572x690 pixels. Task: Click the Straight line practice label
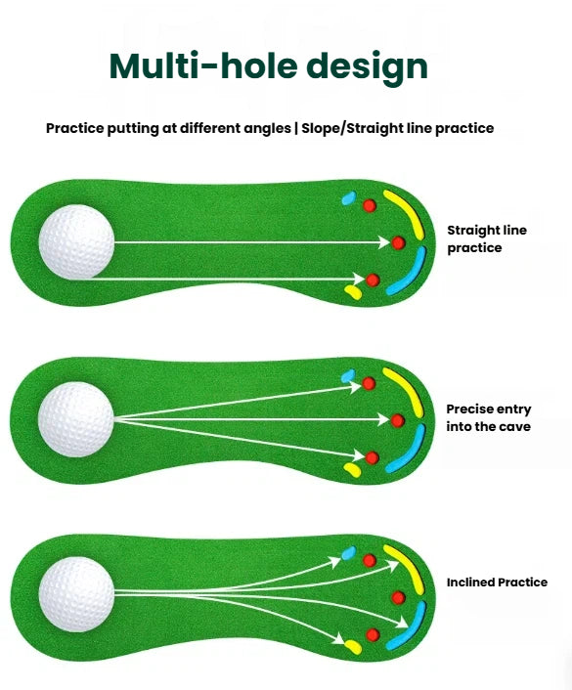[x=487, y=238]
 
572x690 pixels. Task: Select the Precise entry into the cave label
[x=488, y=417]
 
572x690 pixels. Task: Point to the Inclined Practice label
[x=497, y=582]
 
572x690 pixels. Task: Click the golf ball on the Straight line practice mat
[x=76, y=241]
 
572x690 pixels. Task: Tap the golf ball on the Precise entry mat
[x=76, y=419]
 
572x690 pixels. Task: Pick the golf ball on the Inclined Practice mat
[x=76, y=594]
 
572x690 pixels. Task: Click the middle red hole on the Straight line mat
[x=398, y=242]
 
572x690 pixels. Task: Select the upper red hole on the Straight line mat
[x=370, y=205]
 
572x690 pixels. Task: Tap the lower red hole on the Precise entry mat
[x=373, y=457]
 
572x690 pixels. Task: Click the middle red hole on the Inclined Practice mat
[x=398, y=597]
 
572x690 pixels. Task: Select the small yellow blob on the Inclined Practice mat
[x=353, y=647]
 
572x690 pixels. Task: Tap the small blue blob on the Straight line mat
[x=349, y=198]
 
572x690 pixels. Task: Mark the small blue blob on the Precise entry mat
[x=348, y=376]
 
